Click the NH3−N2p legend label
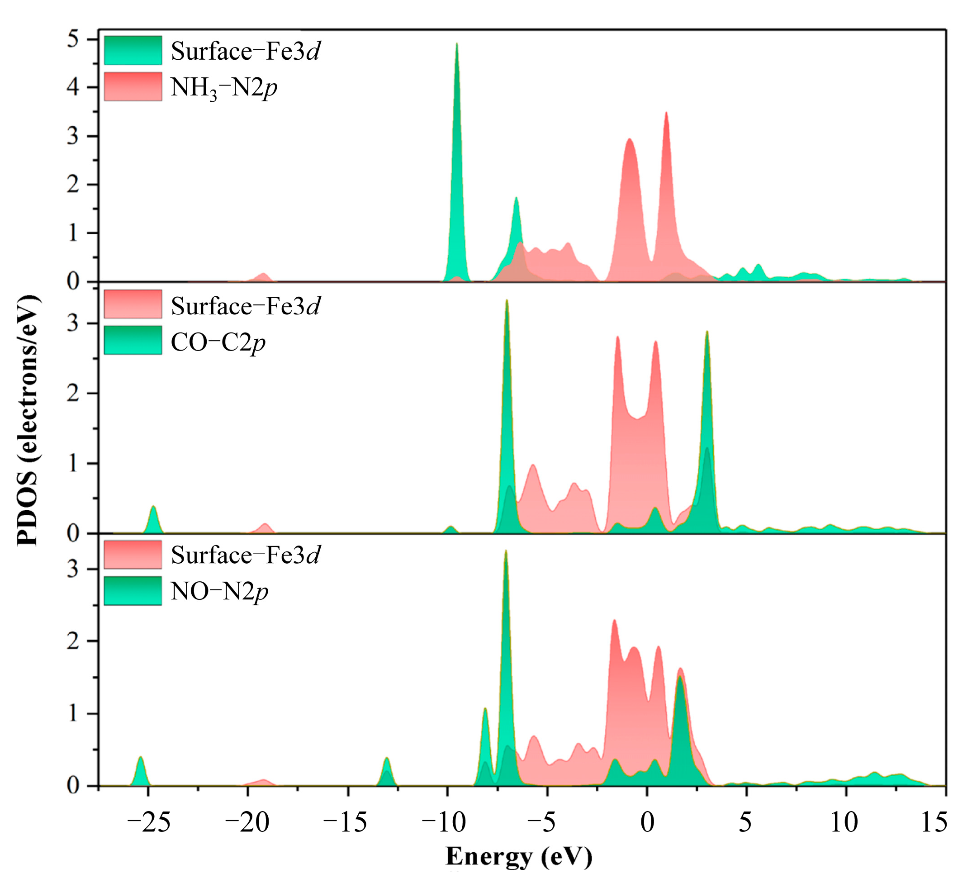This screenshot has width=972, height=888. pyautogui.click(x=224, y=88)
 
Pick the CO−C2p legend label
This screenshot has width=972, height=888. pyautogui.click(x=218, y=343)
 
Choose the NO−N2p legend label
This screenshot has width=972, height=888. pyautogui.click(x=219, y=592)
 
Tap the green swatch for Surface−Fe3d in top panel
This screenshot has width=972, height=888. pyautogui.click(x=133, y=50)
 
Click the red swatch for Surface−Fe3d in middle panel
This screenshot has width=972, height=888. pyautogui.click(x=133, y=304)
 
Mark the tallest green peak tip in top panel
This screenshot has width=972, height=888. pyautogui.click(x=456, y=44)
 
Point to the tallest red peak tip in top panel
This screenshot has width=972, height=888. pyautogui.click(x=666, y=113)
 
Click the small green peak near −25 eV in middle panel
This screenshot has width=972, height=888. pyautogui.click(x=153, y=507)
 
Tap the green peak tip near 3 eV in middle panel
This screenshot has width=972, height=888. pyautogui.click(x=707, y=332)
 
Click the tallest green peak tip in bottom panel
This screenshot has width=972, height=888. pyautogui.click(x=506, y=551)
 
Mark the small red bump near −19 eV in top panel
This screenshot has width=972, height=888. pyautogui.click(x=263, y=275)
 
